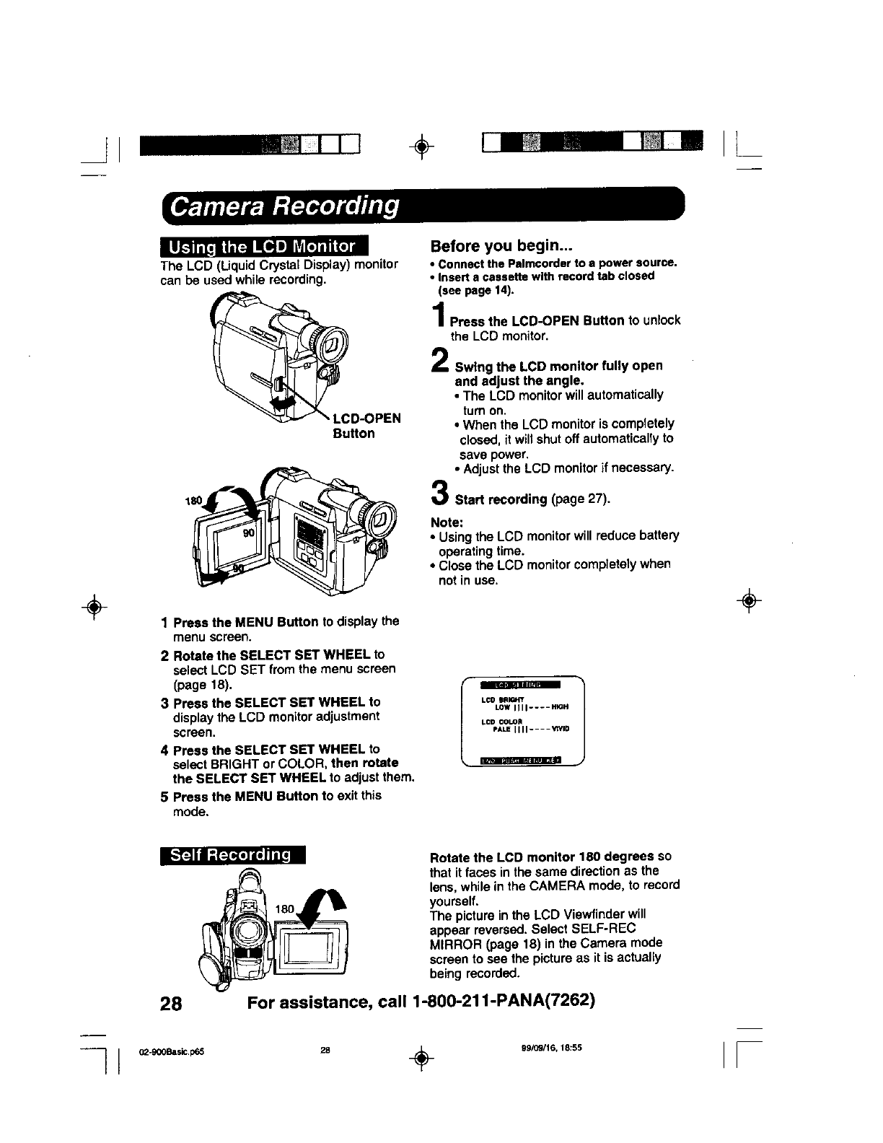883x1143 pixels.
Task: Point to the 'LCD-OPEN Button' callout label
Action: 366,426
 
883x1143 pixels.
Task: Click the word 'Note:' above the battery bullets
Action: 447,522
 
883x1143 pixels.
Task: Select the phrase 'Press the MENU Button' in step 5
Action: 245,796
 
